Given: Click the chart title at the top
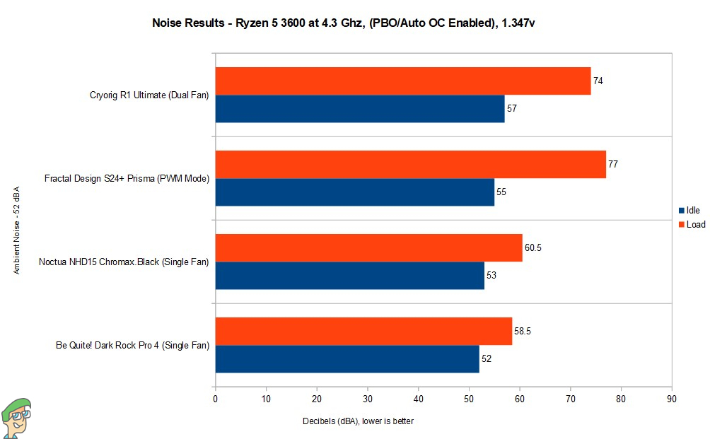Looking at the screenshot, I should [x=347, y=23].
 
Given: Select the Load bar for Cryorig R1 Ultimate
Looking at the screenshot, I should [x=402, y=81].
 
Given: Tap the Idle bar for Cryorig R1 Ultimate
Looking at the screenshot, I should [x=359, y=109].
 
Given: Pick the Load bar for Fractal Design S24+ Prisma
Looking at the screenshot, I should [x=410, y=164].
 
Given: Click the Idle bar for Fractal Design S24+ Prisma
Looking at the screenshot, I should [x=354, y=192].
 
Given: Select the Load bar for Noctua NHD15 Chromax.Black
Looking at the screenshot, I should [x=368, y=247].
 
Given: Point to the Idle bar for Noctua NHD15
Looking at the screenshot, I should [x=349, y=276].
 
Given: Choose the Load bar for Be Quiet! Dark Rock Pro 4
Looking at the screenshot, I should [x=363, y=331].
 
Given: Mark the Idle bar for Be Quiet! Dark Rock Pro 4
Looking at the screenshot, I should [x=347, y=359].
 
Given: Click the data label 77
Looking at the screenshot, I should [x=613, y=164].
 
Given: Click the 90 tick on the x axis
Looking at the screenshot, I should [x=671, y=398].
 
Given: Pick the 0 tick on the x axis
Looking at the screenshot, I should [x=215, y=398].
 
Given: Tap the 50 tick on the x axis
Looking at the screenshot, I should [x=469, y=398].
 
